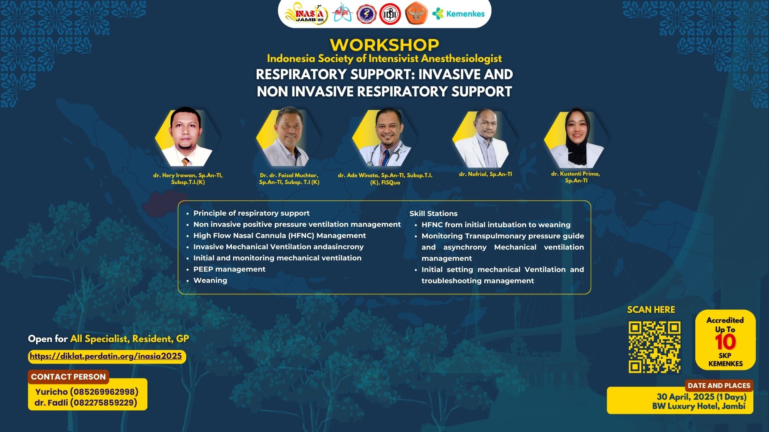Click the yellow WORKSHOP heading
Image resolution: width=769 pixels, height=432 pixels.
click(x=384, y=45)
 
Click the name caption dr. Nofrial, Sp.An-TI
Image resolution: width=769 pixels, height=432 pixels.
click(x=485, y=174)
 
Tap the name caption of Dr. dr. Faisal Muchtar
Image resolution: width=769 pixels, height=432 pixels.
click(x=289, y=179)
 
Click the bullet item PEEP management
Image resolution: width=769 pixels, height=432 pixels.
click(x=229, y=269)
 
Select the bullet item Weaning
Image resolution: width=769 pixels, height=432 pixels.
click(x=210, y=280)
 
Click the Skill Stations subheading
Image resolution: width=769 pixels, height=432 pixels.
click(x=433, y=214)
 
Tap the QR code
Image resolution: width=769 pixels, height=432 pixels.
click(x=654, y=347)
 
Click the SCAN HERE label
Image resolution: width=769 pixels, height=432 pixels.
click(x=650, y=310)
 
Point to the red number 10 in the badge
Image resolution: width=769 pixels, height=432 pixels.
click(x=725, y=342)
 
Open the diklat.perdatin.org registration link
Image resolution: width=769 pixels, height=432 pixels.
click(x=106, y=356)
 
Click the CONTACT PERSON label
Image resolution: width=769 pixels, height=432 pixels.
click(x=68, y=377)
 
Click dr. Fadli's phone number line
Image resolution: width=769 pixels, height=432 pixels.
click(x=86, y=403)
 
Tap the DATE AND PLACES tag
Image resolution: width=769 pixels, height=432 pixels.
click(x=719, y=386)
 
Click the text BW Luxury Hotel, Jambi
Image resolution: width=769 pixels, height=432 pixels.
click(x=699, y=406)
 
